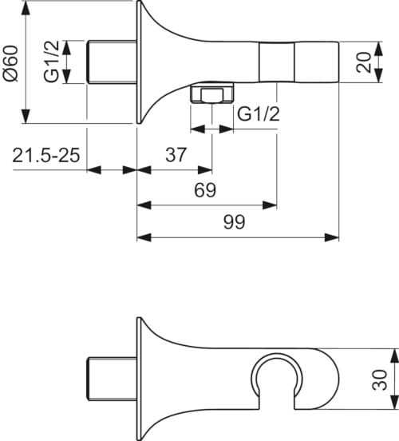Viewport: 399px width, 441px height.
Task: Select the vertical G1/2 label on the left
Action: pyautogui.click(x=51, y=62)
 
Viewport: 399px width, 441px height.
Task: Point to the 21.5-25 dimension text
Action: pyautogui.click(x=46, y=155)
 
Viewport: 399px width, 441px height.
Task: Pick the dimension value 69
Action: pyautogui.click(x=206, y=190)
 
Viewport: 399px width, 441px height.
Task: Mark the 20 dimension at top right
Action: pyautogui.click(x=365, y=62)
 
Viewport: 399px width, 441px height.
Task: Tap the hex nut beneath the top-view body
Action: pyautogui.click(x=209, y=97)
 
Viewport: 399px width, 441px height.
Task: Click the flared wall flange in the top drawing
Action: pyautogui.click(x=146, y=62)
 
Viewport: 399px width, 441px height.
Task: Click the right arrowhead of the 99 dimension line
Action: pyautogui.click(x=335, y=237)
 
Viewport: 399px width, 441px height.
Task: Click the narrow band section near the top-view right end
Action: pyautogui.click(x=277, y=62)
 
